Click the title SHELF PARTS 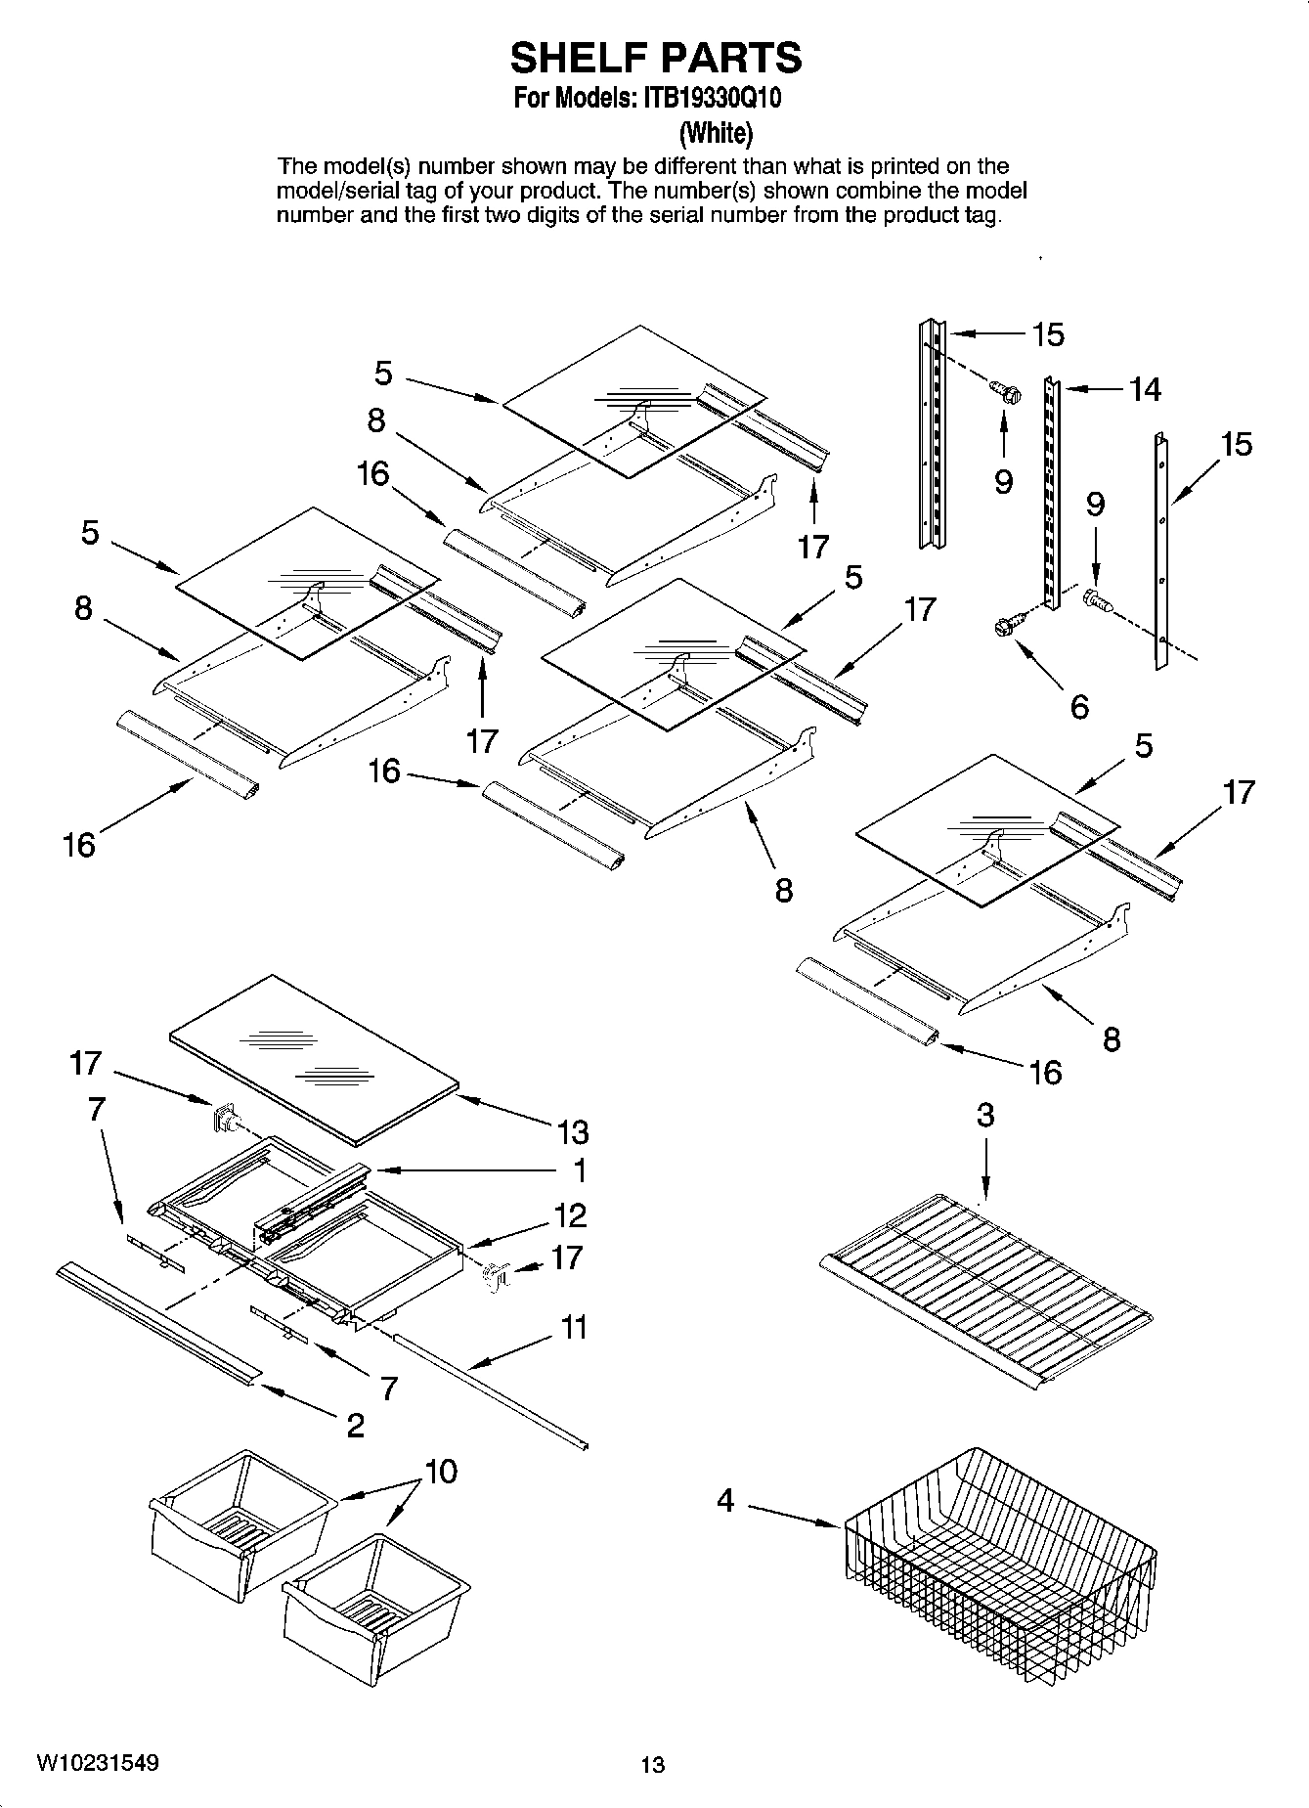655,59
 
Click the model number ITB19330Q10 710,99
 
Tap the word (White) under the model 716,132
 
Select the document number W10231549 98,1763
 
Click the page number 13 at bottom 652,1765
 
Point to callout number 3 984,1115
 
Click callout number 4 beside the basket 725,1499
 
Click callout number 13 573,1132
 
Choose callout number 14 1145,389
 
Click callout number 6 1079,706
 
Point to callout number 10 442,1472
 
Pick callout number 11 574,1328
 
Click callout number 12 570,1215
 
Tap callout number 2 355,1425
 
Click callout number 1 579,1170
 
